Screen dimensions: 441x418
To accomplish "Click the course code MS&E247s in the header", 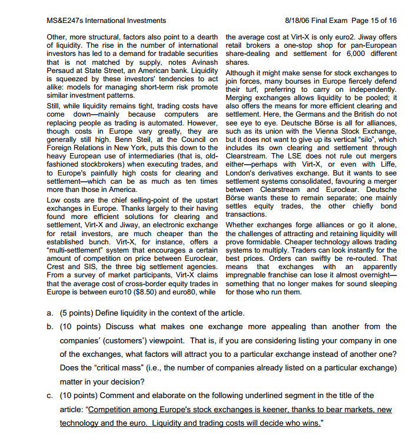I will [x=67, y=21].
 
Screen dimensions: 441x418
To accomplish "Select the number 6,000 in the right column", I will [x=346, y=54].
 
